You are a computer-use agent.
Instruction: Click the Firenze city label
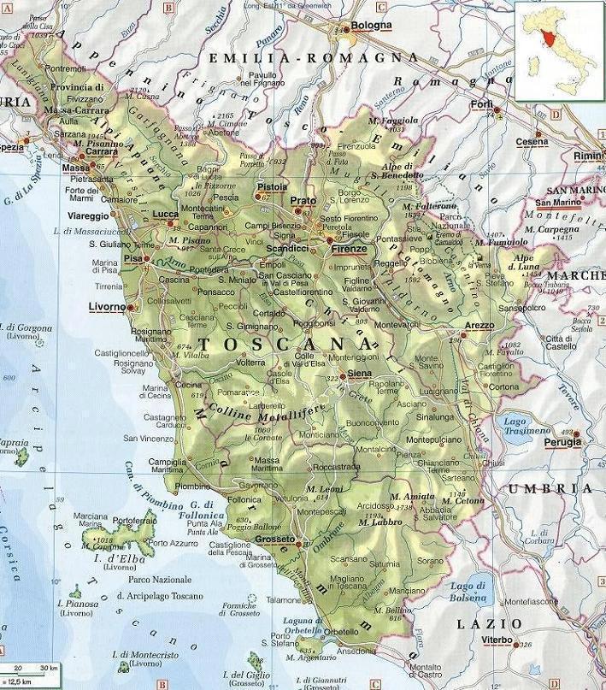tap(350, 249)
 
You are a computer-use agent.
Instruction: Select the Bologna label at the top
tap(370, 26)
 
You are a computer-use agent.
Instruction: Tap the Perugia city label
tap(562, 441)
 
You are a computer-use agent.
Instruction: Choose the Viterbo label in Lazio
tap(497, 640)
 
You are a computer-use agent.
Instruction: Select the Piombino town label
tap(192, 486)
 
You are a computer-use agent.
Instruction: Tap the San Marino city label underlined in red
tap(557, 203)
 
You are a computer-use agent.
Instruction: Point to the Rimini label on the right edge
tap(587, 156)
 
